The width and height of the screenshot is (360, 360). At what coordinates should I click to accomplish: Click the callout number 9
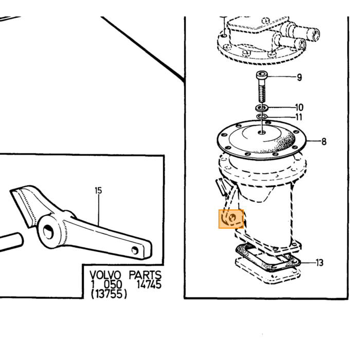pyautogui.click(x=299, y=77)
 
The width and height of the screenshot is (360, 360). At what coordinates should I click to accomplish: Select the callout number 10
pyautogui.click(x=299, y=107)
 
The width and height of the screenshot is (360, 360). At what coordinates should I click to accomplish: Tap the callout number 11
pyautogui.click(x=298, y=117)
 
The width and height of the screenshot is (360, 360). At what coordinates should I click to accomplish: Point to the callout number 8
pyautogui.click(x=323, y=141)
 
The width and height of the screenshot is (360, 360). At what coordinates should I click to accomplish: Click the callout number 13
pyautogui.click(x=319, y=262)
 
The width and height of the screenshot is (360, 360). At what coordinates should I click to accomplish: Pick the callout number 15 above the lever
pyautogui.click(x=98, y=191)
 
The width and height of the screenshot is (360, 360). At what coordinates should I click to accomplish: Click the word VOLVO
pyautogui.click(x=105, y=275)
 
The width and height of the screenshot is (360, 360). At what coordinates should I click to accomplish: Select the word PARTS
pyautogui.click(x=145, y=275)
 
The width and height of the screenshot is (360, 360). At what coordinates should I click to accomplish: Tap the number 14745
pyautogui.click(x=149, y=284)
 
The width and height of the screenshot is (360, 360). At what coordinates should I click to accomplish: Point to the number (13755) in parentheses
pyautogui.click(x=109, y=294)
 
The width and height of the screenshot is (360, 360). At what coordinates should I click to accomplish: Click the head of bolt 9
pyautogui.click(x=262, y=75)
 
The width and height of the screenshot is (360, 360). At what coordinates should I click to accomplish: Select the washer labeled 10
pyautogui.click(x=262, y=107)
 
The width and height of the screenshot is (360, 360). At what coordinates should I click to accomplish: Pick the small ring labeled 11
pyautogui.click(x=262, y=117)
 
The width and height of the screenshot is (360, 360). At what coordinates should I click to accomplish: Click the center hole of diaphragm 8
pyautogui.click(x=262, y=133)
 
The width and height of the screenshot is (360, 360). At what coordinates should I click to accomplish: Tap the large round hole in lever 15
pyautogui.click(x=48, y=231)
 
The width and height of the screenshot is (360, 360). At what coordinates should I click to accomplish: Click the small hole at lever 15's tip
pyautogui.click(x=135, y=250)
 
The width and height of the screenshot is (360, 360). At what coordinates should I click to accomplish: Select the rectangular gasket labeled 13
pyautogui.click(x=268, y=258)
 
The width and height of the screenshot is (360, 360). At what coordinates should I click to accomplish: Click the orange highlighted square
pyautogui.click(x=231, y=219)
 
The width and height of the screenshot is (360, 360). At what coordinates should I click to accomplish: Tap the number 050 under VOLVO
pyautogui.click(x=113, y=284)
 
